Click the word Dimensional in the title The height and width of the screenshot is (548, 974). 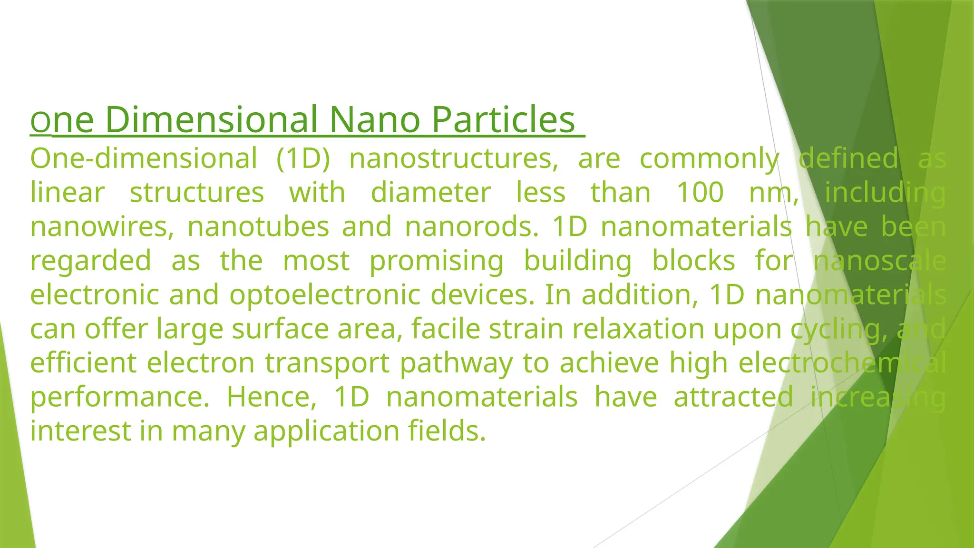[x=212, y=119]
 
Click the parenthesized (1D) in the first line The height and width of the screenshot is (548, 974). [x=303, y=158]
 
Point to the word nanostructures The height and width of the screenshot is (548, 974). [x=454, y=158]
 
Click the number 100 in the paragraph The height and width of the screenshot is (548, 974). [x=700, y=193]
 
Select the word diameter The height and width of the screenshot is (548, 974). [x=430, y=193]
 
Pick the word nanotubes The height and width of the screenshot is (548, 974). [x=258, y=227]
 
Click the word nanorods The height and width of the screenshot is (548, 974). [x=471, y=227]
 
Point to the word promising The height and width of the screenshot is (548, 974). [x=436, y=261]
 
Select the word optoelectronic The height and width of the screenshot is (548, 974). [x=325, y=295]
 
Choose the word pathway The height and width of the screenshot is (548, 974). [x=456, y=363]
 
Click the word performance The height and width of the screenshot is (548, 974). [x=119, y=397]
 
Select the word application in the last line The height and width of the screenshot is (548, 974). [x=326, y=431]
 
